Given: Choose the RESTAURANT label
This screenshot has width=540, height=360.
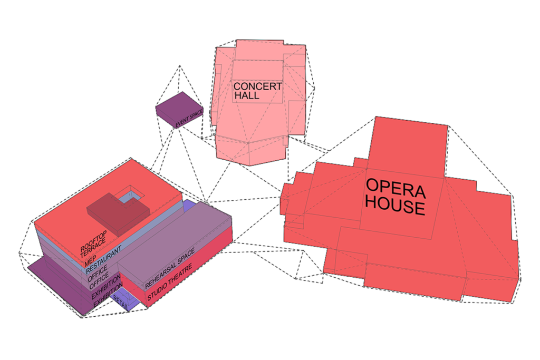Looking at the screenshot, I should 104,257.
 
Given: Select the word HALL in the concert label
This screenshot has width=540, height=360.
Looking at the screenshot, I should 247,96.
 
